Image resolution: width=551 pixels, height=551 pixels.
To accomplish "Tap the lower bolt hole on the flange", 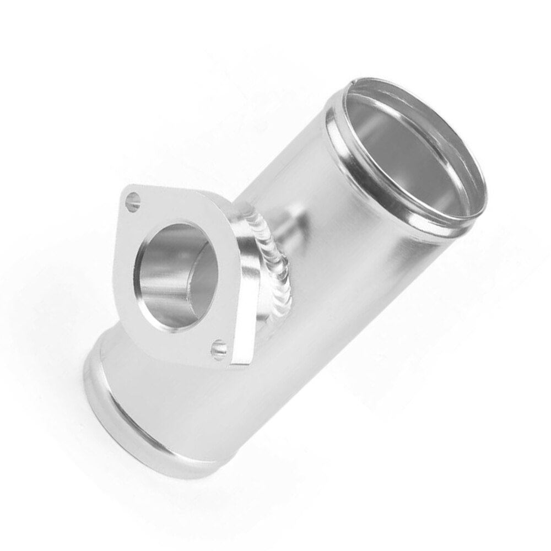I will [219, 349].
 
